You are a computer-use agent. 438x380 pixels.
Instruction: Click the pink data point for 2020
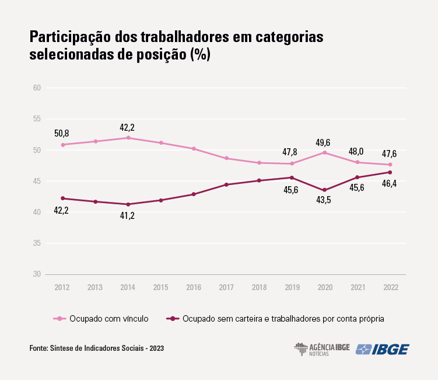(325, 152)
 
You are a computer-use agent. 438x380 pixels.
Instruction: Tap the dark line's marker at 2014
(128, 204)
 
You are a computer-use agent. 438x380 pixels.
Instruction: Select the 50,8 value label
(62, 134)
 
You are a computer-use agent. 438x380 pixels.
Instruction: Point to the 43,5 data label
(325, 201)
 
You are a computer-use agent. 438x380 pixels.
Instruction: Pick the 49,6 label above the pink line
(325, 142)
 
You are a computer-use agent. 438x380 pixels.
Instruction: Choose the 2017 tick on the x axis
(226, 287)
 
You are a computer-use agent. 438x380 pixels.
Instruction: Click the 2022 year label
(391, 287)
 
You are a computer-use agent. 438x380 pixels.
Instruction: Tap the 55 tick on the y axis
(37, 119)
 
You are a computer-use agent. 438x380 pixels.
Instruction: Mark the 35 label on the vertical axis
(37, 243)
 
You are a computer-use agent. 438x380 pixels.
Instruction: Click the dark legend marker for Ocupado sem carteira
(172, 319)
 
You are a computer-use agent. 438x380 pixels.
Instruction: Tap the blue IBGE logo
(383, 349)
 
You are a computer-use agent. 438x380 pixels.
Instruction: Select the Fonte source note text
(96, 348)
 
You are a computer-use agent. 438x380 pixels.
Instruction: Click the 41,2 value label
(128, 216)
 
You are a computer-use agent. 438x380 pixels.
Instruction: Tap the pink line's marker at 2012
(62, 145)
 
